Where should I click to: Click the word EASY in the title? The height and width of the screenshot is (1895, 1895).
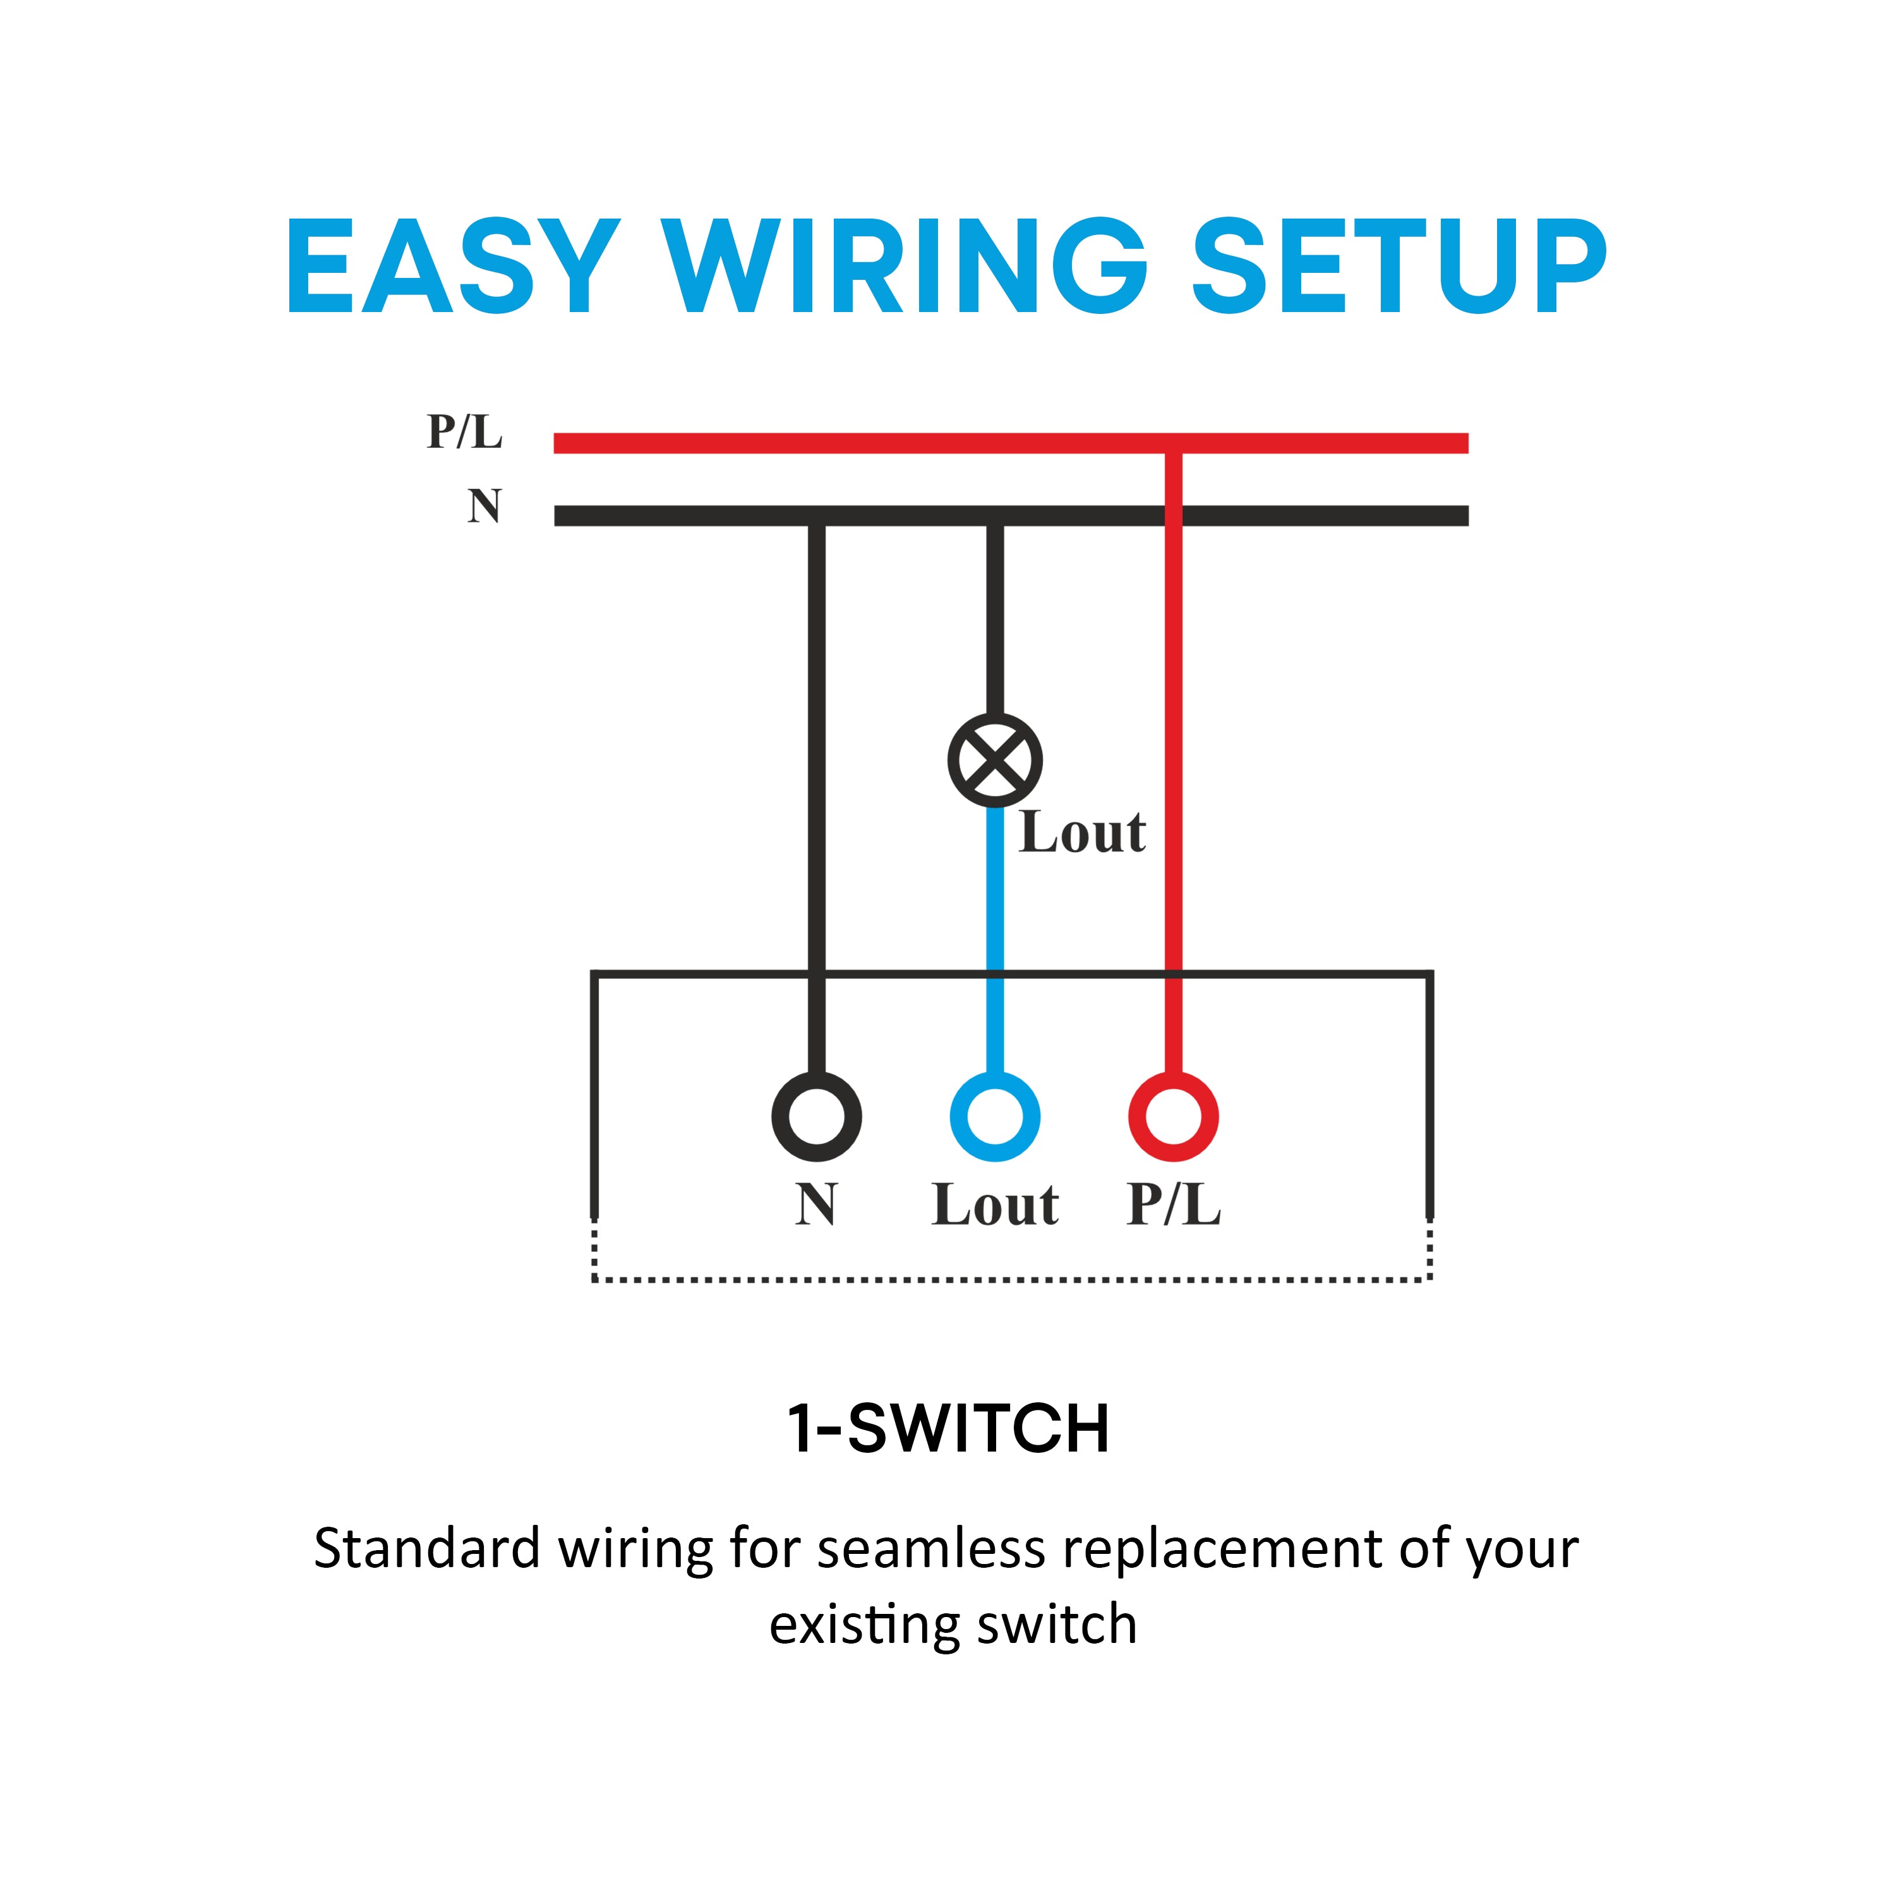[452, 266]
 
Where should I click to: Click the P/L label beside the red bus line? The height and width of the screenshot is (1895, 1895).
[464, 431]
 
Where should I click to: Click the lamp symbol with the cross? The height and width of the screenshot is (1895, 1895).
[995, 760]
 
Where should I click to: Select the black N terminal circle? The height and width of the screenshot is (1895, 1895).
[816, 1116]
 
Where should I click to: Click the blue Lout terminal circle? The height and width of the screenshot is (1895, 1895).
[995, 1116]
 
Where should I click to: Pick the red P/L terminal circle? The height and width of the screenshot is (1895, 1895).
[1173, 1116]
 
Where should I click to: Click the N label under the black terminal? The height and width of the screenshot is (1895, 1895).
[816, 1205]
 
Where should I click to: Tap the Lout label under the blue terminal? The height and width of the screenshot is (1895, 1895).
[995, 1205]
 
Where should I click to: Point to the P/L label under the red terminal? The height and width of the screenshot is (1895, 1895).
[1173, 1205]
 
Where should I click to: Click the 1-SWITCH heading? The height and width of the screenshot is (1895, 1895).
[949, 1428]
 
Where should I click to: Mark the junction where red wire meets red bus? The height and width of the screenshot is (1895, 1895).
[1173, 443]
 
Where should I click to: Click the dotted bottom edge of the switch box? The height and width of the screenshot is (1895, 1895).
[1010, 1280]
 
